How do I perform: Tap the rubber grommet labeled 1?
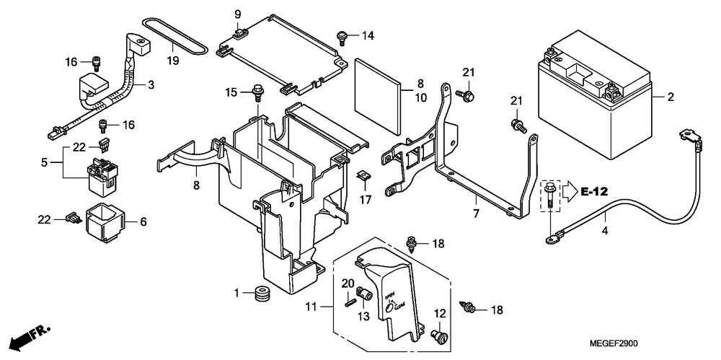pos(262,294)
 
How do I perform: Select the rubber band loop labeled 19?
pos(174,34)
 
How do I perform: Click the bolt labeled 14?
pos(342,38)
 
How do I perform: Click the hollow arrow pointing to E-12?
pos(570,191)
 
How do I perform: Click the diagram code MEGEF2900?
pos(614,343)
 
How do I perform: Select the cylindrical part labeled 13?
pos(364,293)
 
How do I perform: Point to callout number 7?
pos(476,214)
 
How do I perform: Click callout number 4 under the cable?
pos(605,231)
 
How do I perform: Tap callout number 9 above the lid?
pos(238,14)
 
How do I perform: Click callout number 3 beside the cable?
pos(151,84)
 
